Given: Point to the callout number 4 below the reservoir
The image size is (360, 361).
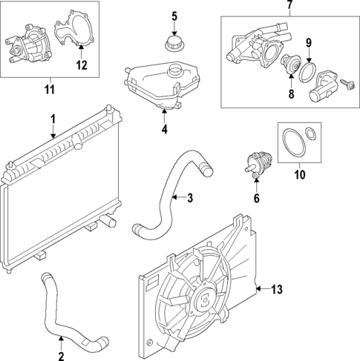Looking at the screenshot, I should [164, 129].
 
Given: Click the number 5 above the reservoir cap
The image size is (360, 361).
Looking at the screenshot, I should [174, 16].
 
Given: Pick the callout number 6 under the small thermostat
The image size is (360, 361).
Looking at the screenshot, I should [257, 198].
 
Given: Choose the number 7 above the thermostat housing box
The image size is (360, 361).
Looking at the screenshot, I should [289, 7].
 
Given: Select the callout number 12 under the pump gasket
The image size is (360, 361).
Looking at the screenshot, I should [82, 65].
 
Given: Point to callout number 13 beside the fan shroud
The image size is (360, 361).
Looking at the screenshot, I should [278, 288].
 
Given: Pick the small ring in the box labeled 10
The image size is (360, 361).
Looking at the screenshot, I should [315, 136].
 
